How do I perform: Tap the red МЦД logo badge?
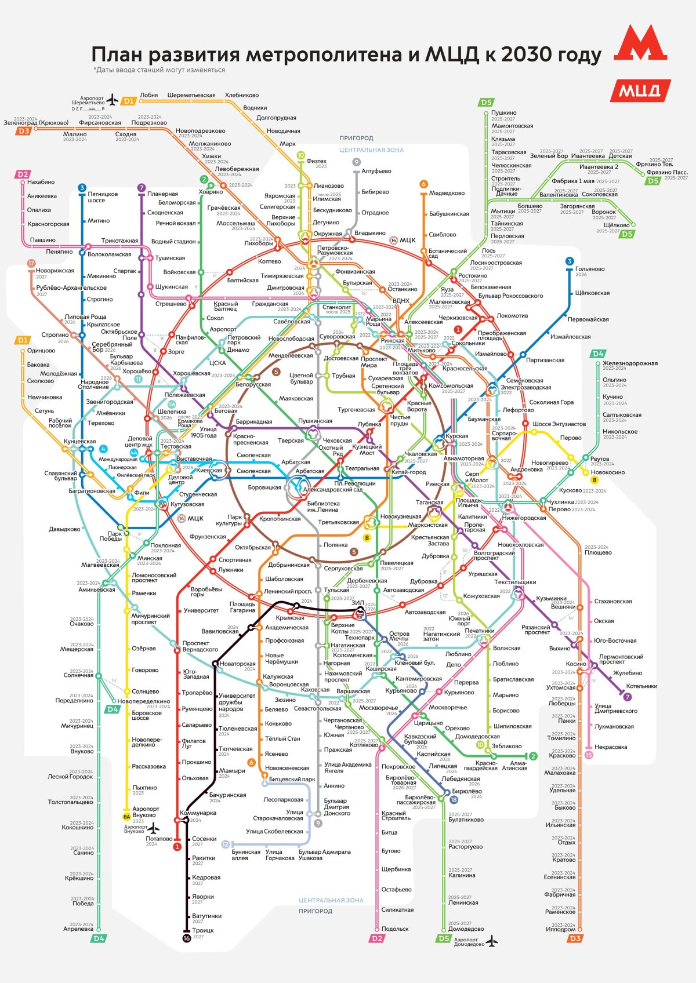tap(640, 90)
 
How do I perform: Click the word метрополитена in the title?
tap(331, 54)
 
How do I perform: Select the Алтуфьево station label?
tap(376, 171)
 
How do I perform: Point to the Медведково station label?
tap(447, 193)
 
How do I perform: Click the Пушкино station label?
tap(503, 112)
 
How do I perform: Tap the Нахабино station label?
tap(41, 182)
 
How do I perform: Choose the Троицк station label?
tap(203, 930)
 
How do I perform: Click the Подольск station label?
tap(395, 929)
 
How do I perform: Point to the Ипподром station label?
tap(560, 929)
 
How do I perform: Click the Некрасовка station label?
tap(611, 747)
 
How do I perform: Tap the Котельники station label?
tap(641, 686)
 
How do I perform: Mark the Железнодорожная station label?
tap(630, 363)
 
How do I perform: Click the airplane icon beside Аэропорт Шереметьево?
tap(113, 99)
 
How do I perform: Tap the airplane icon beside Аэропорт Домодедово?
tap(492, 940)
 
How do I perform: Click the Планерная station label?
tap(162, 194)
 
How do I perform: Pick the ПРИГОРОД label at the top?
tap(356, 138)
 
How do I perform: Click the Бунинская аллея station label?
tap(246, 855)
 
